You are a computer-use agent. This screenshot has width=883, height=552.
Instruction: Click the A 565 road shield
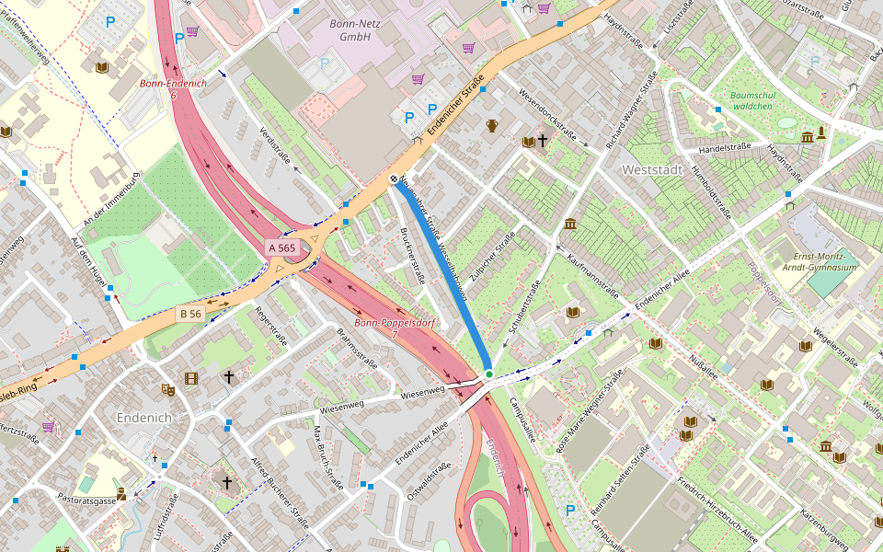(x=281, y=248)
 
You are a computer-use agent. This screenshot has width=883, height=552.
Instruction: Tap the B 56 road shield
(x=190, y=314)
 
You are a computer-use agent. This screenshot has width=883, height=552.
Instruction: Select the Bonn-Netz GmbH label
(x=349, y=30)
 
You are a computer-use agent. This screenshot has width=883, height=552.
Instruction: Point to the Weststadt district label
(x=652, y=170)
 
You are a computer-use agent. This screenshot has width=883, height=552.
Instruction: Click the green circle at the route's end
(x=489, y=374)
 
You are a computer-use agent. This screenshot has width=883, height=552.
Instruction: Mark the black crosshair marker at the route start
(x=394, y=179)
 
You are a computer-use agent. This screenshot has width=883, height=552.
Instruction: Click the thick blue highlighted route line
(x=443, y=276)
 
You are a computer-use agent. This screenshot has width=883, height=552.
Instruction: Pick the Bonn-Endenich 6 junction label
(x=173, y=89)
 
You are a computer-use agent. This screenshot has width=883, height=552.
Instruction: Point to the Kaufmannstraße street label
(x=591, y=276)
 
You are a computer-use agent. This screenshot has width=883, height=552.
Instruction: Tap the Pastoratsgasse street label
(x=86, y=501)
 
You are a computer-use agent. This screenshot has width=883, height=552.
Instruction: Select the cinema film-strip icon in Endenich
(x=190, y=378)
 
